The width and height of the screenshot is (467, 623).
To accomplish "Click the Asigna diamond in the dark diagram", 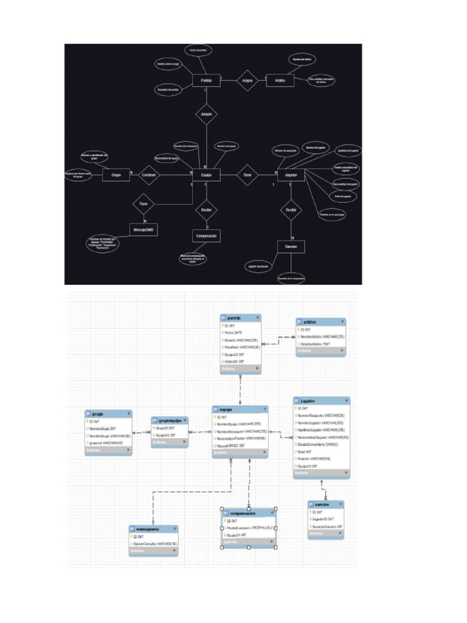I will coord(247,80).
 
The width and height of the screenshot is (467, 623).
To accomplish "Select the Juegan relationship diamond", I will coord(206,114).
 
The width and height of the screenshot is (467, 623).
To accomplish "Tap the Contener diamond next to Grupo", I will coord(149,175).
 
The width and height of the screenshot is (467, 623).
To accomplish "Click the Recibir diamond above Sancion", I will coord(291,211).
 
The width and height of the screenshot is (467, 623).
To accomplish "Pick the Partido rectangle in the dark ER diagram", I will coord(206,80).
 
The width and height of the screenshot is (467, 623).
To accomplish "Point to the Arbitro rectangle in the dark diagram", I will coord(280,80).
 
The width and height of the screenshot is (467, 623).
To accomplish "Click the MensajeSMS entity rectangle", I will coord(144,229).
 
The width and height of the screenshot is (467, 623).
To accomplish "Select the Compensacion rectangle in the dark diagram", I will coord(206,235).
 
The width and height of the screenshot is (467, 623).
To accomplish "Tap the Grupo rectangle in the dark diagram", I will coord(116,175).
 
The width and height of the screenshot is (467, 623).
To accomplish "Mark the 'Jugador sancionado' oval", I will coord(258,266).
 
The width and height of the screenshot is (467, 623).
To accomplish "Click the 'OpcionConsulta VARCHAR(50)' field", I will coord(155,543).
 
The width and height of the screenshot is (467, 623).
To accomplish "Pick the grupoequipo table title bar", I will coord(170,420).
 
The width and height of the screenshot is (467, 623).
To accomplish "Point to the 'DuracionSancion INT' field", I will coord(327,526).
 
